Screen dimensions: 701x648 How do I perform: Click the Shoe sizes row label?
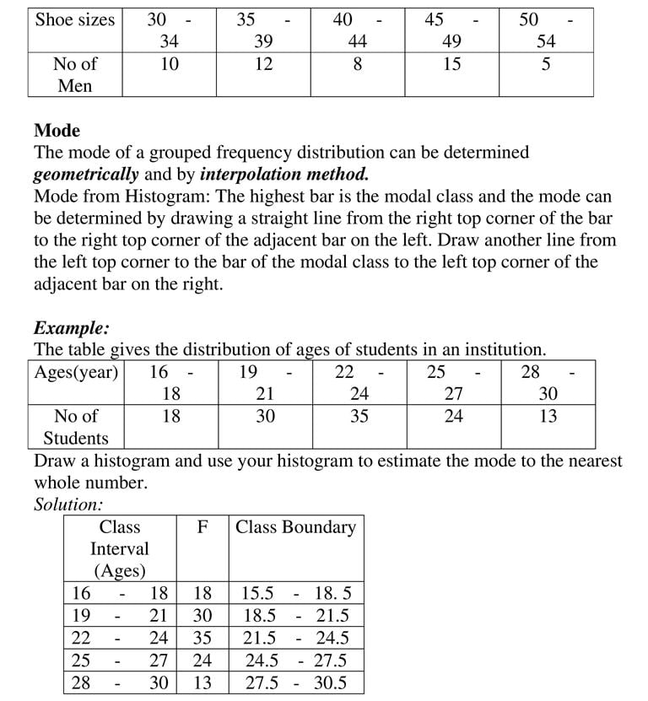tap(74, 19)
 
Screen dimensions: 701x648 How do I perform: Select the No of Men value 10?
tap(170, 64)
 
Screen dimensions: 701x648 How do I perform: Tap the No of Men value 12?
tap(264, 64)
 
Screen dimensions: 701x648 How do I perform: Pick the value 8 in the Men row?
tap(358, 64)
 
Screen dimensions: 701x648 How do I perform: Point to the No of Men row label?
tap(74, 74)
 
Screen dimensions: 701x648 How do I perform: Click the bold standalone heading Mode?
tap(57, 131)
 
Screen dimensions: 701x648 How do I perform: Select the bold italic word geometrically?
tap(85, 175)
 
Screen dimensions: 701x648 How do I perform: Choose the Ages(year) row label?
tap(76, 372)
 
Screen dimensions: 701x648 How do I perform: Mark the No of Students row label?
tap(76, 427)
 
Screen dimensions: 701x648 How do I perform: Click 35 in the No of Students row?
tap(359, 416)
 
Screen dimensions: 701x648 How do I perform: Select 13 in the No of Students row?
tap(548, 416)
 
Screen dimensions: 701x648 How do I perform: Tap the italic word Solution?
tap(68, 504)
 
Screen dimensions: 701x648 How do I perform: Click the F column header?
tap(202, 527)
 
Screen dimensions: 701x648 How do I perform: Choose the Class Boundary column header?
tap(295, 527)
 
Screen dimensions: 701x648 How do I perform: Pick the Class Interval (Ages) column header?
tap(120, 548)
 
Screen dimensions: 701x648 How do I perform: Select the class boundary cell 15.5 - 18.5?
tap(295, 593)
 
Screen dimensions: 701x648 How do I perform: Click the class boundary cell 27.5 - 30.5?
tap(295, 682)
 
